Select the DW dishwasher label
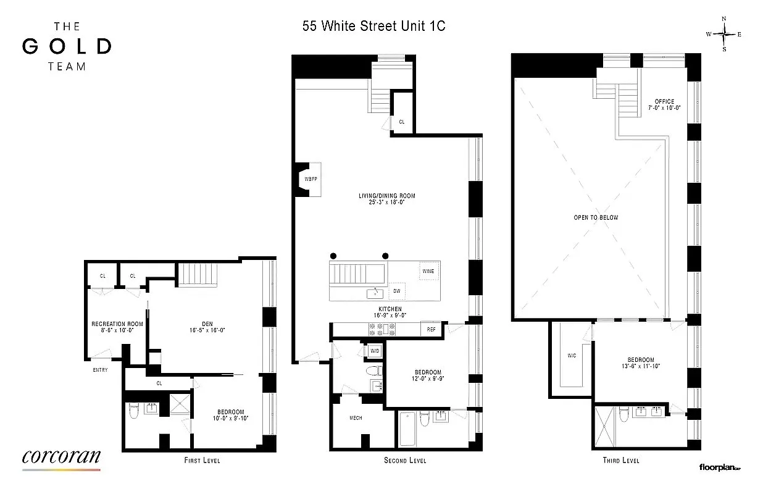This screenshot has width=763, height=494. [x=396, y=291]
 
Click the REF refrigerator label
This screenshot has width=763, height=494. [x=432, y=330]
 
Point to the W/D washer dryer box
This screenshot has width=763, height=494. [x=374, y=351]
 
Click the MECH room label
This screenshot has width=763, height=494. [x=356, y=418]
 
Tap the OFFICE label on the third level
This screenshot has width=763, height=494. [x=665, y=102]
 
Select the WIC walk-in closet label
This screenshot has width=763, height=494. [x=572, y=356]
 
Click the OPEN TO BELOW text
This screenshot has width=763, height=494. [x=596, y=217]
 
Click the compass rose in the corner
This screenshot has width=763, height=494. [x=724, y=34]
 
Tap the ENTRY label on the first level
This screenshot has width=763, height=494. [x=99, y=371]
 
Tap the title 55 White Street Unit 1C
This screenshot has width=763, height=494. [x=373, y=27]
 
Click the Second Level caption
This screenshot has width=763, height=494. [x=405, y=461]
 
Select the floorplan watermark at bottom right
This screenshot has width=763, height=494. [x=719, y=468]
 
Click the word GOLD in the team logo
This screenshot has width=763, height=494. [x=67, y=46]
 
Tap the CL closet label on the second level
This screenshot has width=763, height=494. [x=401, y=122]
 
